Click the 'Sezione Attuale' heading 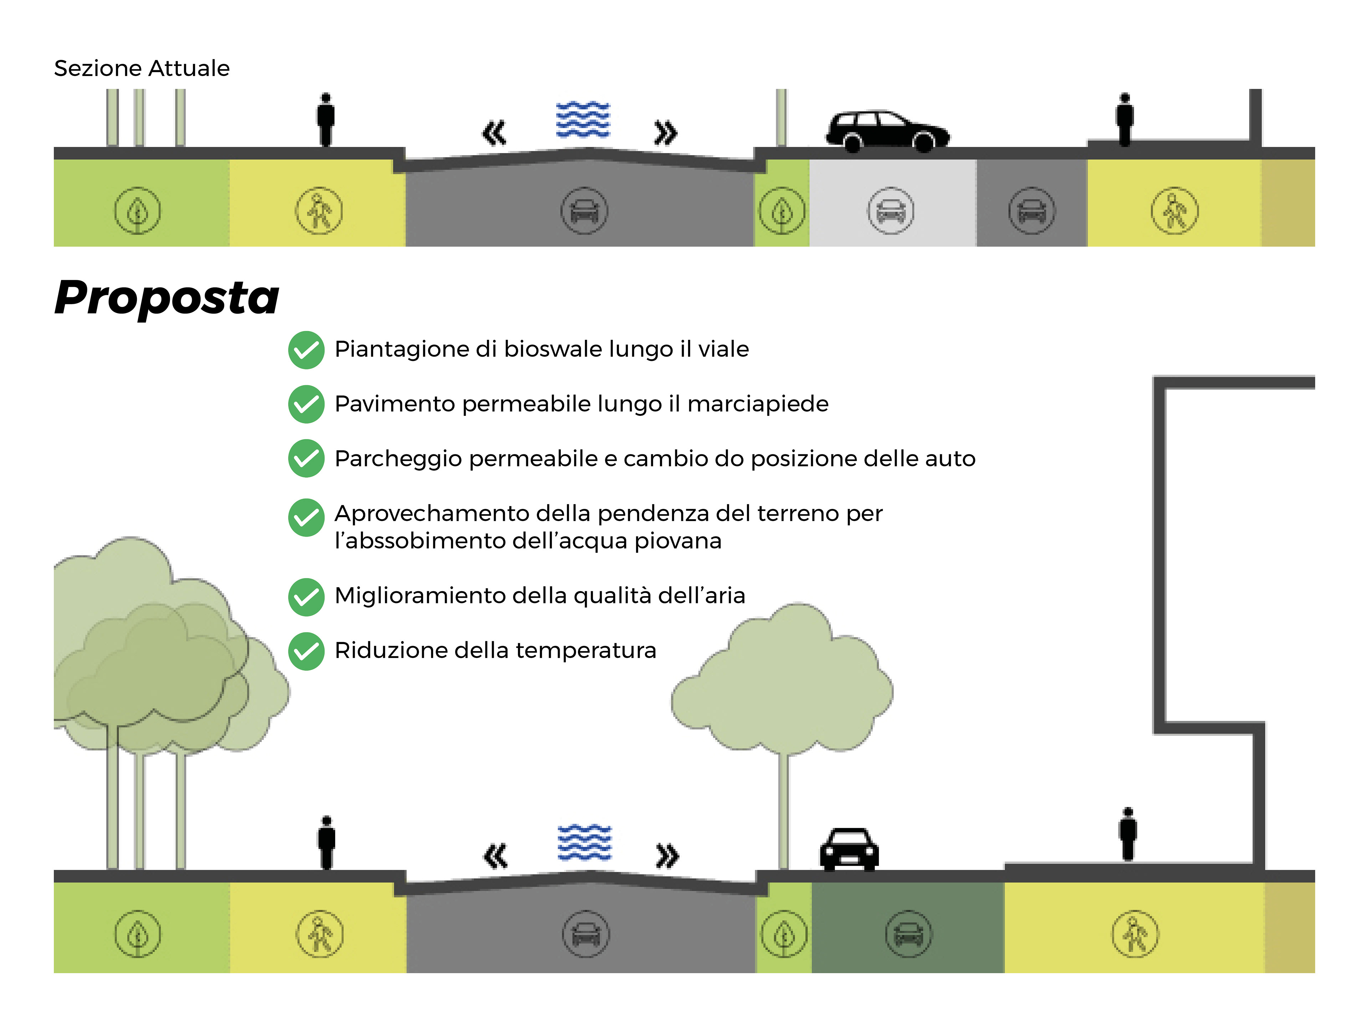coord(142,68)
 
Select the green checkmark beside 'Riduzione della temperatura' coord(306,651)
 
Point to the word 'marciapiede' coord(758,404)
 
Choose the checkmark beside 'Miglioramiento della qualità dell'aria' coord(306,597)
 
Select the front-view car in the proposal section coord(849,849)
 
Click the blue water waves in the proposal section coord(584,843)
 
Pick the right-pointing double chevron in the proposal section coord(667,856)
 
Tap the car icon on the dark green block coord(908,934)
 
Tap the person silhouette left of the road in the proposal coord(327,843)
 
